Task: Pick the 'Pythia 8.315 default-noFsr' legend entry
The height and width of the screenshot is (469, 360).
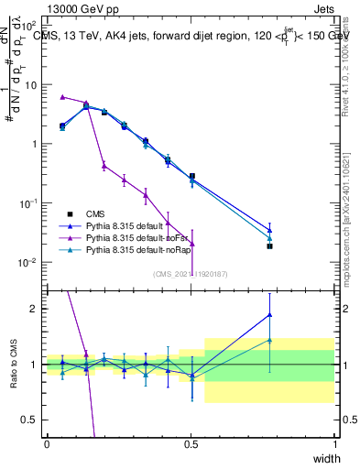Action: [146, 236]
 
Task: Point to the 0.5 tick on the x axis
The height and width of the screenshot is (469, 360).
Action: [191, 443]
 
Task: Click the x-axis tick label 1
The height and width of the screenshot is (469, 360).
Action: [334, 443]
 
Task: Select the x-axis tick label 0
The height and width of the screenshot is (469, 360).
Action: [47, 443]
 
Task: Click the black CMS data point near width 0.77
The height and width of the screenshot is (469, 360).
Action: [269, 246]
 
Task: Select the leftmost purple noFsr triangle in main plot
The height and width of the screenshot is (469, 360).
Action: [62, 96]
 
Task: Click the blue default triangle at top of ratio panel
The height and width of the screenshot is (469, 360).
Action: [269, 315]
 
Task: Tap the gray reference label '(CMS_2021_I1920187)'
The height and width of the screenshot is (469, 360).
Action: [191, 272]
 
